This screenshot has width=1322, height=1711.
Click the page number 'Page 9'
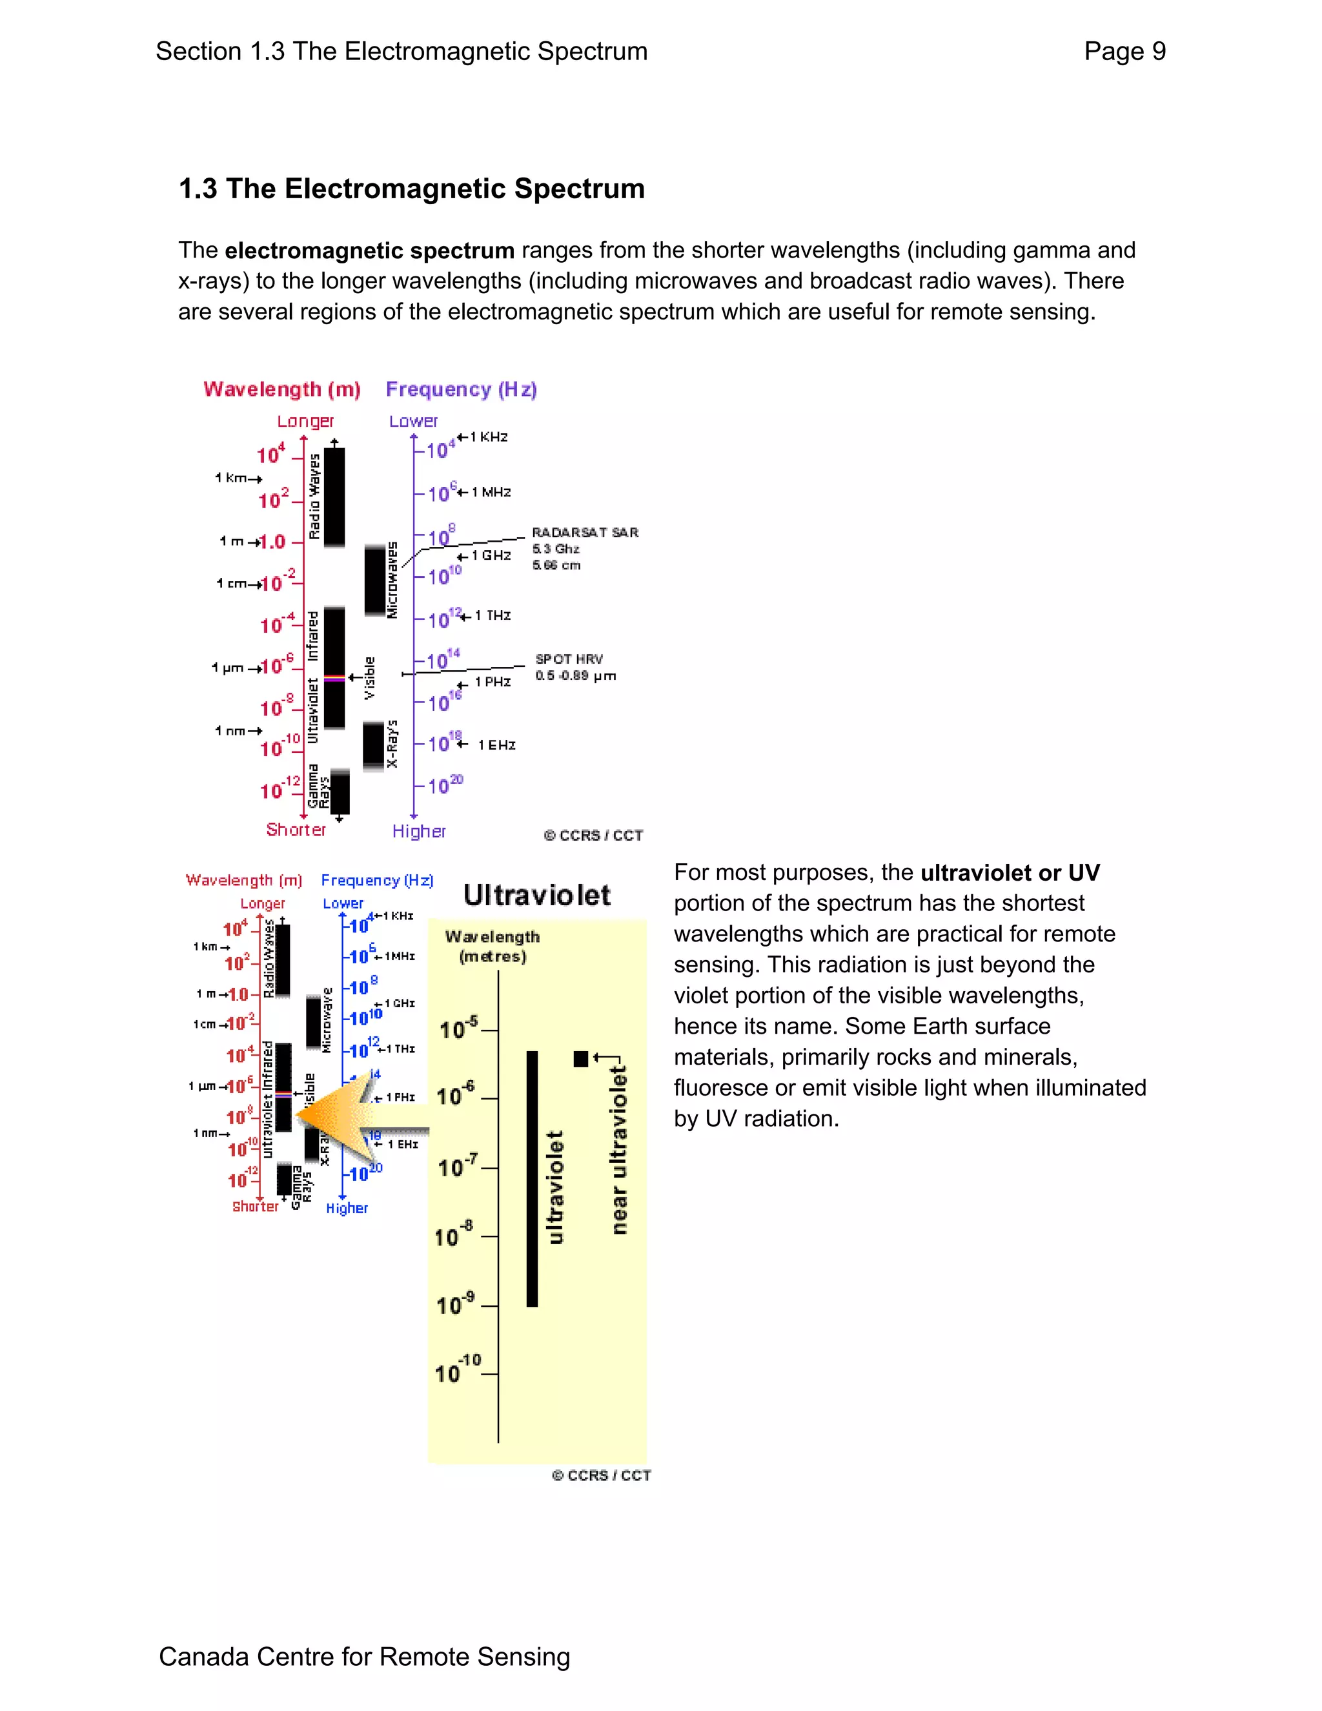1124,52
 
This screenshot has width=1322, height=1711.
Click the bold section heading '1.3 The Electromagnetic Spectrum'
411,189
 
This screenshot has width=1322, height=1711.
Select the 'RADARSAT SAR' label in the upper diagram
585,533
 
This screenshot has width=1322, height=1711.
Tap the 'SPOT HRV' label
569,659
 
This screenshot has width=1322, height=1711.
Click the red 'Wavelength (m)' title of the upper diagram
282,389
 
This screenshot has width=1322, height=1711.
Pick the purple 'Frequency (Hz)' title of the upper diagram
462,389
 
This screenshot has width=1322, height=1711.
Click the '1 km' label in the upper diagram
231,478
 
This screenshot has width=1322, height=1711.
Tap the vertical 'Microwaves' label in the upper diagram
392,580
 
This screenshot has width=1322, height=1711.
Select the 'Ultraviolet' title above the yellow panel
536,896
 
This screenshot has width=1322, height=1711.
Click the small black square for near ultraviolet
580,1059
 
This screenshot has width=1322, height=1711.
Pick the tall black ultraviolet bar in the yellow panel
533,1178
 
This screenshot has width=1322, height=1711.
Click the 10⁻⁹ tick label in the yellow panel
455,1304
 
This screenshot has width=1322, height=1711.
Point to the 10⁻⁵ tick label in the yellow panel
458,1028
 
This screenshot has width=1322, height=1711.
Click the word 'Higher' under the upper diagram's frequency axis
419,831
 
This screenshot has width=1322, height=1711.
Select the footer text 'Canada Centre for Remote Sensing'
364,1656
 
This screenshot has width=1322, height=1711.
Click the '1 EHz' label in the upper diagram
496,745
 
